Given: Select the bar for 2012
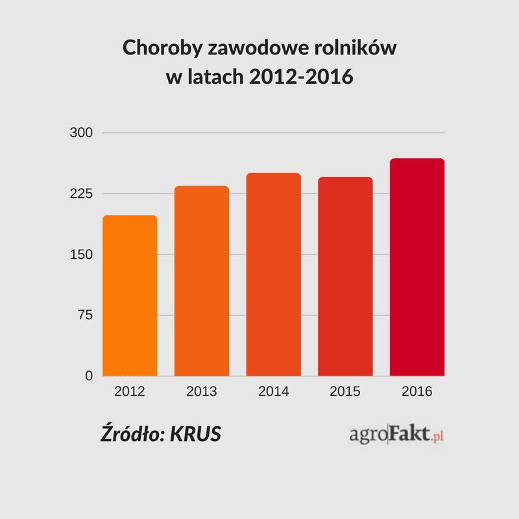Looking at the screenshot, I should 130,295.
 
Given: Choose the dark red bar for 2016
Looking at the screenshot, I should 417,267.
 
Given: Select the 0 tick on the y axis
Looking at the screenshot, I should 89,376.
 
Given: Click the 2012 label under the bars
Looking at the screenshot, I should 130,392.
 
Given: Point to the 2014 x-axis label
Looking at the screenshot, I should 273,392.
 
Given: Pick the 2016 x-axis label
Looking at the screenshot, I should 417,392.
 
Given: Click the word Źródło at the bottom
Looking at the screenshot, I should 132,433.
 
